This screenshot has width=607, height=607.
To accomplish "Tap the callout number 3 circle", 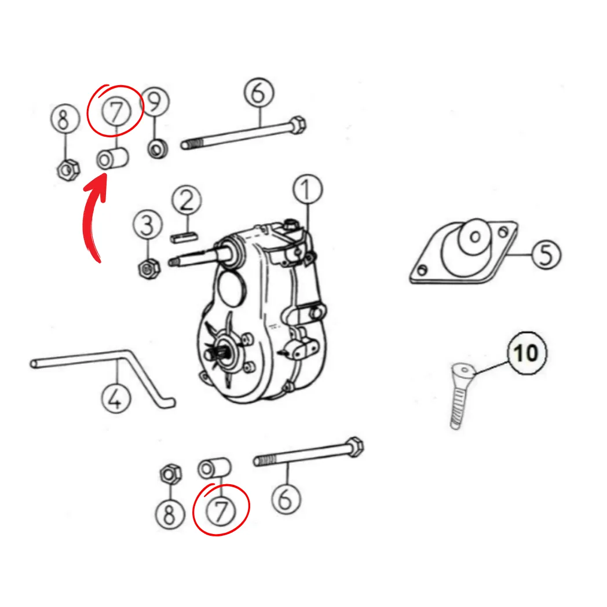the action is (x=148, y=225).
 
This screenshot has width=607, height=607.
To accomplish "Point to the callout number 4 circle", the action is (x=116, y=398).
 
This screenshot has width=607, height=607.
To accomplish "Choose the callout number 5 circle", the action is (x=546, y=254).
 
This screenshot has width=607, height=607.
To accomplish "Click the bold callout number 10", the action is (x=526, y=353).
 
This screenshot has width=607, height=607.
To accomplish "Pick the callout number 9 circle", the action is (x=155, y=101).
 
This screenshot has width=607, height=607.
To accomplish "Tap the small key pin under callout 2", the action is (x=184, y=237).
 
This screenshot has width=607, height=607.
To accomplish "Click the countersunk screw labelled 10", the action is (x=460, y=395).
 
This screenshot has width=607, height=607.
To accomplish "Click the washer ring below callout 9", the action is (x=158, y=149).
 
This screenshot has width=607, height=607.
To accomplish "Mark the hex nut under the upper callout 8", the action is (x=68, y=169).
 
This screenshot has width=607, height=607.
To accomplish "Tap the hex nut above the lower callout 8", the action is (x=171, y=474).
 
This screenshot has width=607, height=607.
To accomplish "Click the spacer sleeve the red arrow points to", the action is (x=112, y=158).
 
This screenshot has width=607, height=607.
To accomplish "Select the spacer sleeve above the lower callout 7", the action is (x=214, y=468).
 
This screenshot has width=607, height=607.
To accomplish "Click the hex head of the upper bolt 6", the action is (x=297, y=125).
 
